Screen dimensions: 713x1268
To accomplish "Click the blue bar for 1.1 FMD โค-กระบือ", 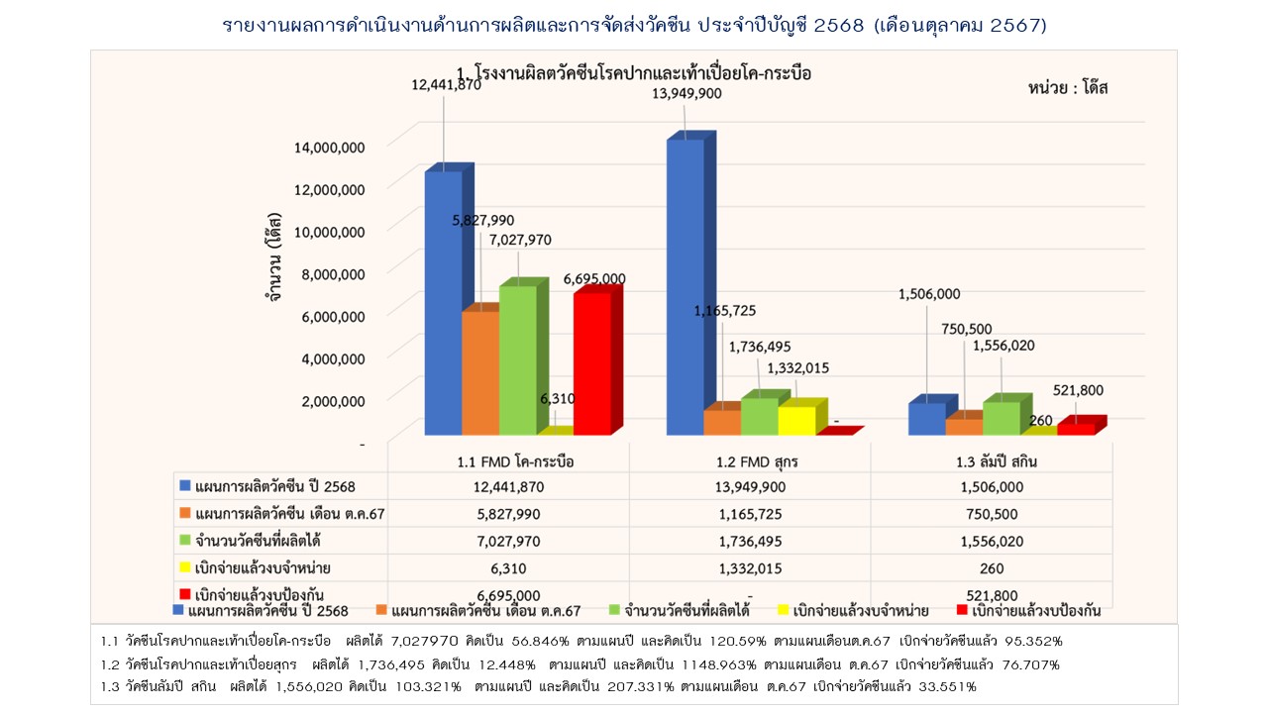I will (443, 302).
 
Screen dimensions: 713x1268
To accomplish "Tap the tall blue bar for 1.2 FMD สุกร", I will (685, 287).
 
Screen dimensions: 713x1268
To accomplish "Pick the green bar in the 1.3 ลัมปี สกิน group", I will (1002, 418).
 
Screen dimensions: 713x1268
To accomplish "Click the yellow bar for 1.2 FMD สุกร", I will (796, 420).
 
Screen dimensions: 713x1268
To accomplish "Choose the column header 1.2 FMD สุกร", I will (750, 461).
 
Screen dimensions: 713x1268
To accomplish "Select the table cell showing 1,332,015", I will (750, 568).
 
